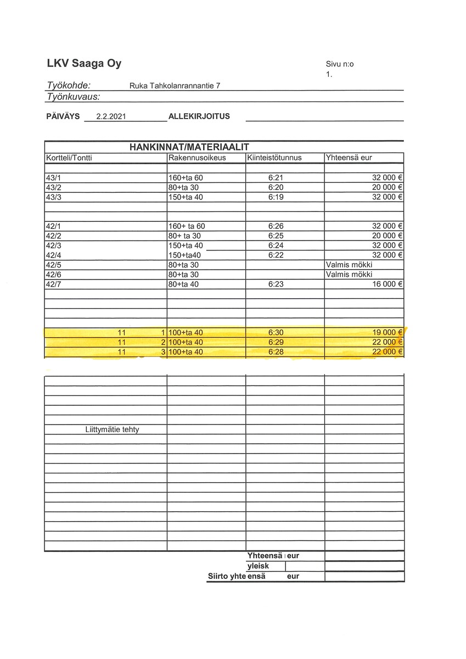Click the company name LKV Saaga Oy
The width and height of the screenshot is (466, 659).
tap(84, 64)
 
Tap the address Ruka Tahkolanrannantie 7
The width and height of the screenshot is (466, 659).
tap(175, 86)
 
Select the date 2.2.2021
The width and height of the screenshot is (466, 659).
tap(111, 116)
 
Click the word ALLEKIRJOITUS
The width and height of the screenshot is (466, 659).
tap(199, 116)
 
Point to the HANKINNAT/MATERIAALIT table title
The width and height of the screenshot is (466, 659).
tap(189, 147)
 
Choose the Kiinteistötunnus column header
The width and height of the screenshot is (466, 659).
tap(274, 158)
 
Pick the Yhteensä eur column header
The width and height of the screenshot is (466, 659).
tap(349, 158)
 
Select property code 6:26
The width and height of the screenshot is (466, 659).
tap(276, 226)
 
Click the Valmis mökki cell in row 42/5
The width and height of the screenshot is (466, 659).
tap(349, 265)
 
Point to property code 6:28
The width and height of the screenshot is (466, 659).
tap(276, 351)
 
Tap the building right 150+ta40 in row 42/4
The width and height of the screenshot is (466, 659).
tap(185, 255)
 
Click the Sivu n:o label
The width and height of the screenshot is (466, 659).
tap(340, 64)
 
